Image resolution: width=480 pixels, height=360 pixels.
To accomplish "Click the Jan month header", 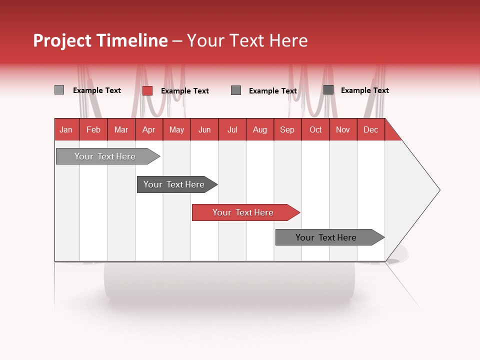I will click(x=66, y=129).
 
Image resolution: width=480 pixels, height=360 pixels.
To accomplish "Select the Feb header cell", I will click(x=93, y=129).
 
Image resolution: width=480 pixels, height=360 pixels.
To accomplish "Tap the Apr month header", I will click(x=149, y=129).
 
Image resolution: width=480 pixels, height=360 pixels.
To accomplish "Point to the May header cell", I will click(x=176, y=129).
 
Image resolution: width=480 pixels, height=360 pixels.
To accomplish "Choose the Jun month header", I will click(x=204, y=129).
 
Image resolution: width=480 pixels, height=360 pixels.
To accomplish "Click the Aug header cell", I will click(x=260, y=129).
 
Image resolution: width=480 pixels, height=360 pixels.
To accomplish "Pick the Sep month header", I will click(x=287, y=129).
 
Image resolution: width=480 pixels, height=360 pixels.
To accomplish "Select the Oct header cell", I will click(x=315, y=129).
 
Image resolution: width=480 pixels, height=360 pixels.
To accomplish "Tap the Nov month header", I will click(x=343, y=129).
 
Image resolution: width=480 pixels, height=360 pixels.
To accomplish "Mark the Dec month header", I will click(x=371, y=129).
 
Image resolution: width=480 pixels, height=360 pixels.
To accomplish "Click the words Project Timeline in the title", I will click(x=100, y=40).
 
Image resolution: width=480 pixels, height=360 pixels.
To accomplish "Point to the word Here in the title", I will click(x=288, y=40).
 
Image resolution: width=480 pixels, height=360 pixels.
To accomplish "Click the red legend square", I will click(x=147, y=90).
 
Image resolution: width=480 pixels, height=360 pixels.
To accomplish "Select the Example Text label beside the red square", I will click(x=184, y=91).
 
